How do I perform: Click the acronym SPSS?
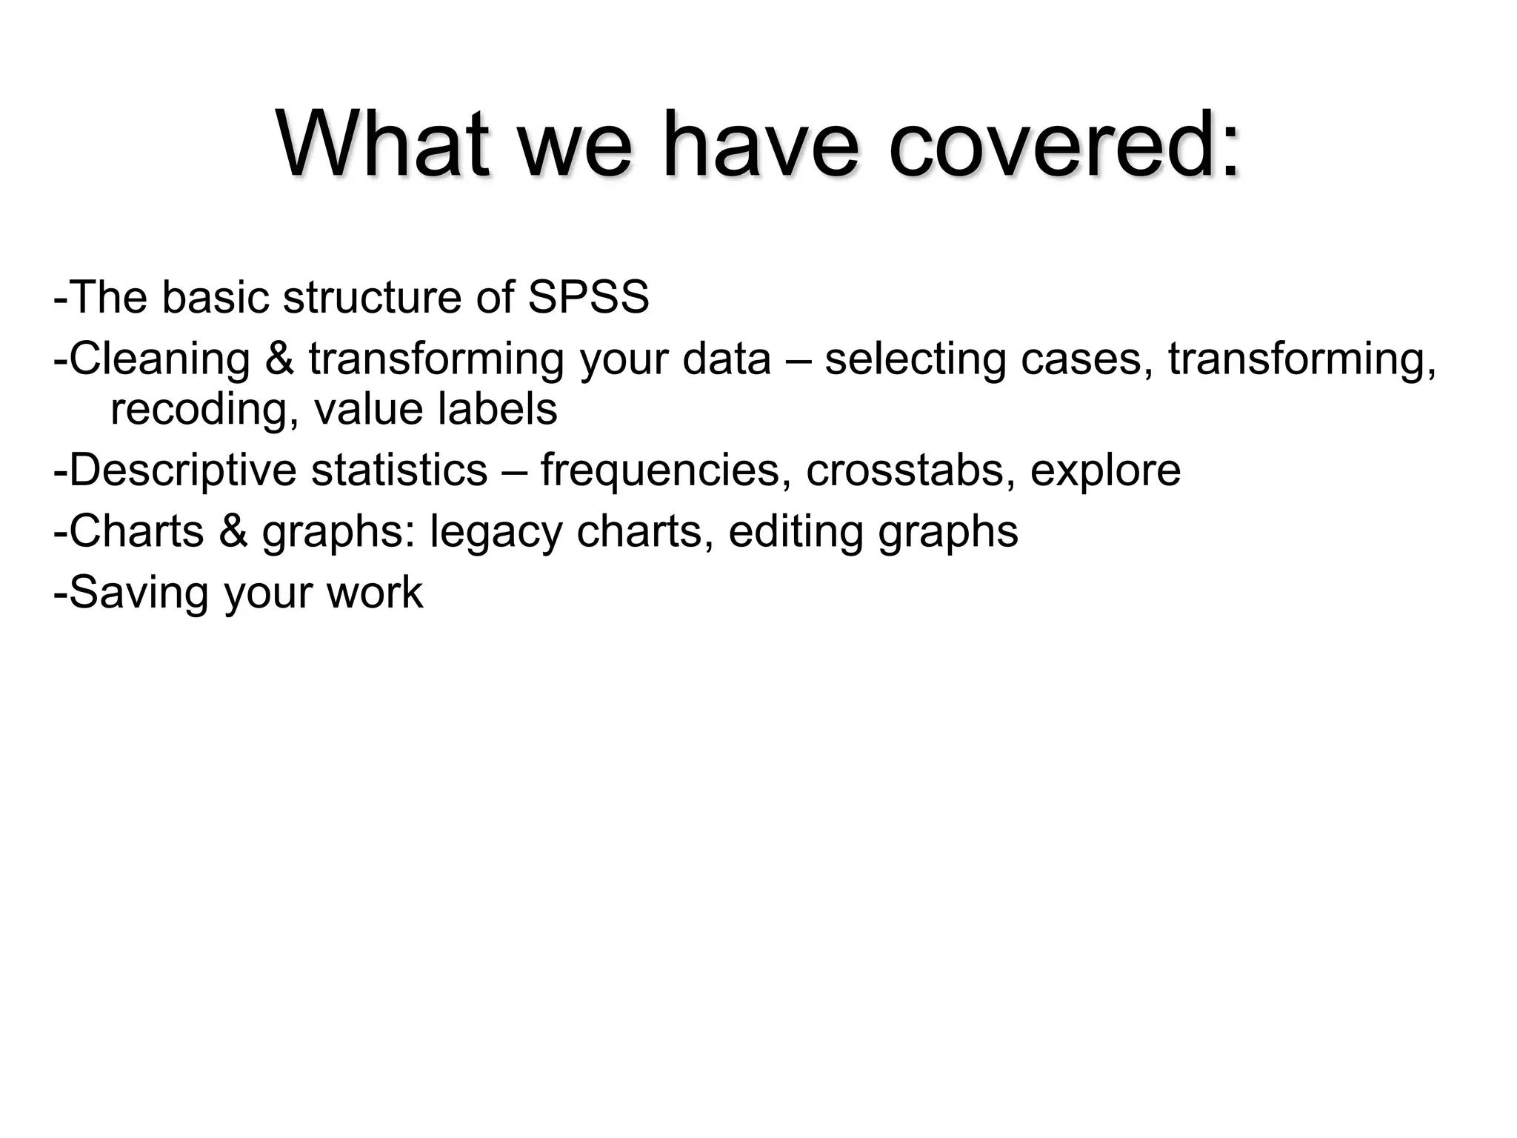tap(588, 297)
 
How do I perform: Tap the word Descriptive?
tap(182, 470)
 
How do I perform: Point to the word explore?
tap(1104, 470)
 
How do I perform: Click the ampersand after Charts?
tap(233, 531)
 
